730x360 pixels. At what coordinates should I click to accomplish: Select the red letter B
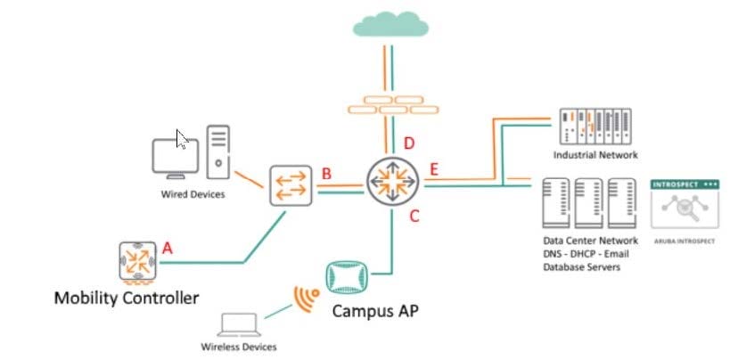pyautogui.click(x=326, y=174)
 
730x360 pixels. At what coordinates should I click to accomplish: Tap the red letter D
pyautogui.click(x=409, y=143)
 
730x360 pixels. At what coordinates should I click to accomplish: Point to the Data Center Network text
pyautogui.click(x=590, y=241)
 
